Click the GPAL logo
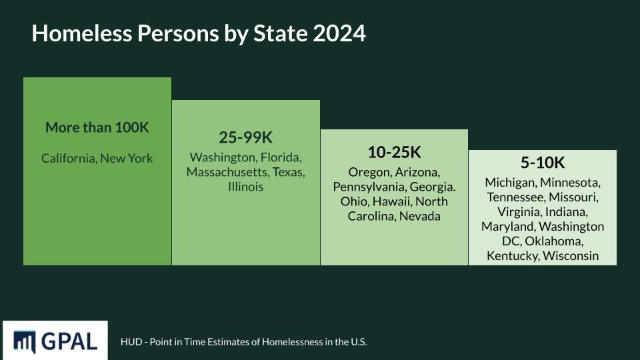55,341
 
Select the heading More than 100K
97,127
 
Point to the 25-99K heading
246,137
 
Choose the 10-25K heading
394,152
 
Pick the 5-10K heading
542,163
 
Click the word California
68,159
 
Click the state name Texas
288,173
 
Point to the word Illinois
246,187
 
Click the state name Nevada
420,216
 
